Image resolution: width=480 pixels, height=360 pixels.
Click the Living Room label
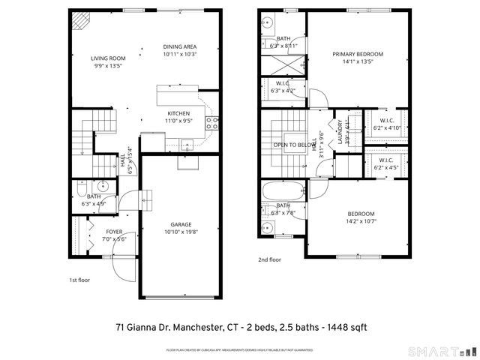click(x=108, y=58)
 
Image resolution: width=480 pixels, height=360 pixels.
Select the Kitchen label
click(x=179, y=112)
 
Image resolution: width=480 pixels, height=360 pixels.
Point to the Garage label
click(x=180, y=224)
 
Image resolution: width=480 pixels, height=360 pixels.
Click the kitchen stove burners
click(x=213, y=123)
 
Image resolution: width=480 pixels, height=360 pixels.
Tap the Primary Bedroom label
click(x=358, y=54)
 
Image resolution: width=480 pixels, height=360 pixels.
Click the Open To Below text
click(x=293, y=145)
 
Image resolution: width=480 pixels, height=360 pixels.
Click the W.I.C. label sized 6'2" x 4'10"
click(x=387, y=121)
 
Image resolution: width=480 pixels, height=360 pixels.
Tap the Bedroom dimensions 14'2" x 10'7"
click(x=360, y=220)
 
